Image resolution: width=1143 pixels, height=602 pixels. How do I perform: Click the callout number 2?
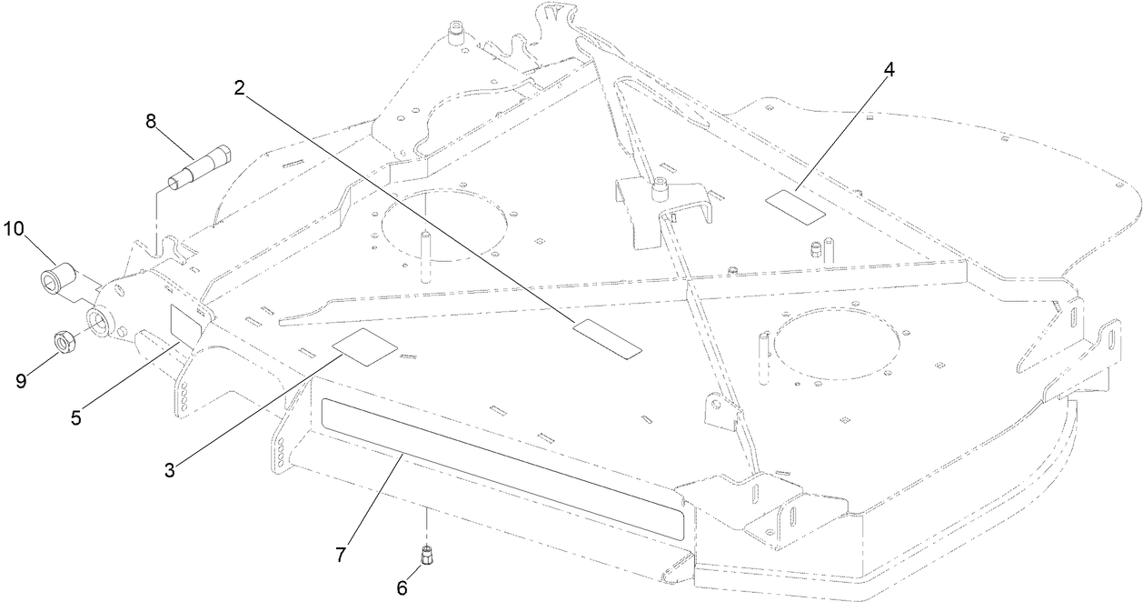click(239, 88)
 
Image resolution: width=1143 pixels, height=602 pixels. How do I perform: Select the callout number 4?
click(889, 71)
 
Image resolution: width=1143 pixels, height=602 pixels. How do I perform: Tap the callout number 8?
click(151, 121)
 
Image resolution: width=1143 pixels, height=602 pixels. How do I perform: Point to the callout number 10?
click(15, 227)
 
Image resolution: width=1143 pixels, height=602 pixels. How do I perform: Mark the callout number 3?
click(170, 470)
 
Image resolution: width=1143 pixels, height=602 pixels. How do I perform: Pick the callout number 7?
click(342, 554)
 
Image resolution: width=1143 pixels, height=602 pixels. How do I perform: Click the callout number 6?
click(401, 587)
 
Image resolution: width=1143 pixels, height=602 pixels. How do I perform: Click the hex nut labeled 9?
click(62, 344)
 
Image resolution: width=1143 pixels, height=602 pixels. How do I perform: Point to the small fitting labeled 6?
click(425, 553)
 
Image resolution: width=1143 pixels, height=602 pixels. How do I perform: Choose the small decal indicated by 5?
click(189, 323)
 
